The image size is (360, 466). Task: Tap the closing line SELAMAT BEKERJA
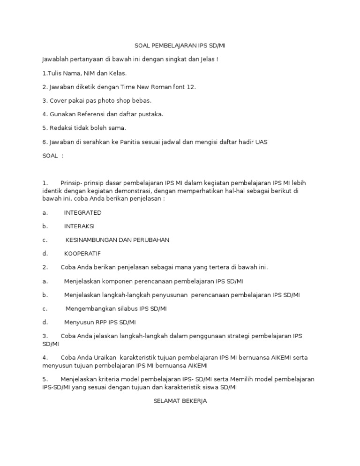180,401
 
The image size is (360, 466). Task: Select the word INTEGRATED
82,212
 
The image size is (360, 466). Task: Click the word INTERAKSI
79,226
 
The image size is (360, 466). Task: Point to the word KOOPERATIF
82,253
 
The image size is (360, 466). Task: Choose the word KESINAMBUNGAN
91,240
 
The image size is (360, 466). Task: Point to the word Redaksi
60,128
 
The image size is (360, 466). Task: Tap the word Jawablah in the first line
55,60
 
